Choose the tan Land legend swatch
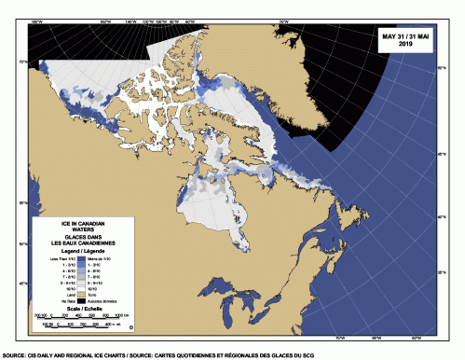(x=82, y=296)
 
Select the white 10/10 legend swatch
(x=82, y=289)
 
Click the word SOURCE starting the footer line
(x=14, y=355)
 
